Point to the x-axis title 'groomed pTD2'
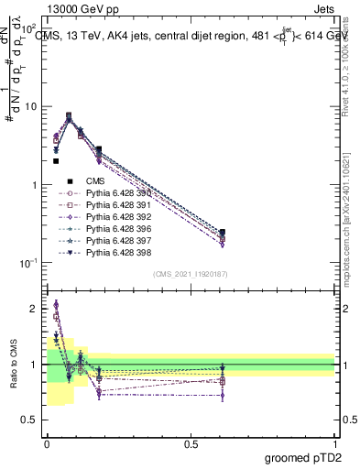[304, 457]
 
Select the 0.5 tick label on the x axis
[191, 445]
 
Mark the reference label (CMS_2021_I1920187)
[190, 274]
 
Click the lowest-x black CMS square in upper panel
[56, 161]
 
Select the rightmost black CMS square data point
[223, 233]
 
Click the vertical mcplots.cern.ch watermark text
[352, 229]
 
